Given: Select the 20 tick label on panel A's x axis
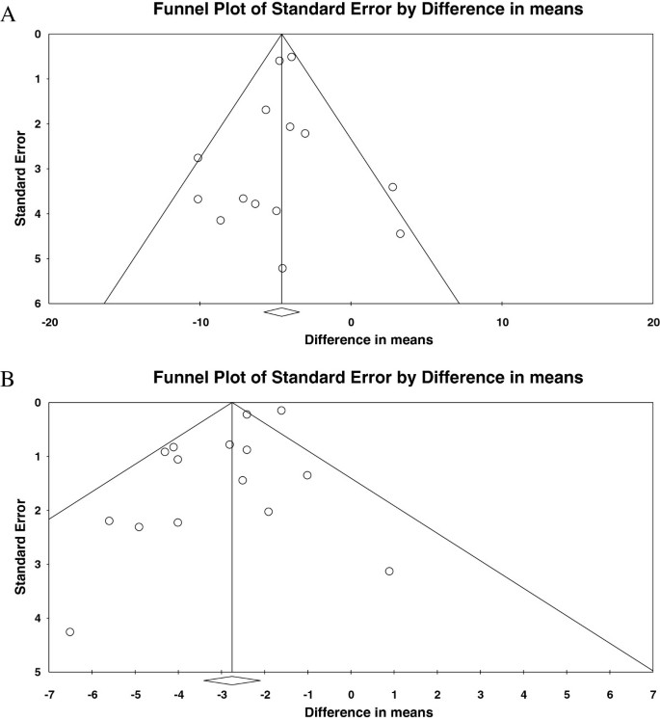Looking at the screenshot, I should pos(652,321).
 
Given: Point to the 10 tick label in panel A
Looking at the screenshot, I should pos(502,321).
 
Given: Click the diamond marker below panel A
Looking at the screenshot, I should pos(281,311).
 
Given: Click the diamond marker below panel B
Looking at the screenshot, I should pos(232,680).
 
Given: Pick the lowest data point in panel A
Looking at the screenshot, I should pos(282,268).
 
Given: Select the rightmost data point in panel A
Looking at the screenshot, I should pos(400,233).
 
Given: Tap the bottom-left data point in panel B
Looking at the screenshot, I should pos(69,631).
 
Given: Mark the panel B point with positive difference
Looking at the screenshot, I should pos(389,571).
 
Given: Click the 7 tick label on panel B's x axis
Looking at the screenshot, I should pos(652,690).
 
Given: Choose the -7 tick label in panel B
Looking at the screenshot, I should pos(49,690).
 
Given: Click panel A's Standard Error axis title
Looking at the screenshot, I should pos(20,169).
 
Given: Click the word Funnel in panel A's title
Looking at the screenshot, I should pos(176,11).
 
